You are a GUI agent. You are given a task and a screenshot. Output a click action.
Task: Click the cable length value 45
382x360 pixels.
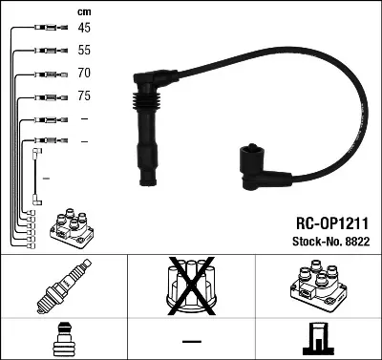pyautogui.click(x=84, y=29)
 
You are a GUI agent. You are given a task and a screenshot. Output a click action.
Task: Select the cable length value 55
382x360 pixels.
pyautogui.click(x=84, y=50)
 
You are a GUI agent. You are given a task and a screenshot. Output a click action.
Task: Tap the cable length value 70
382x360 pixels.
pyautogui.click(x=84, y=73)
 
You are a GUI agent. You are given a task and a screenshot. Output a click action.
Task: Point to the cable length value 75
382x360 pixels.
pyautogui.click(x=84, y=95)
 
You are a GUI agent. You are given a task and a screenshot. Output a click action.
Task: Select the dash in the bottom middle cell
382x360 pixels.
pyautogui.click(x=191, y=340)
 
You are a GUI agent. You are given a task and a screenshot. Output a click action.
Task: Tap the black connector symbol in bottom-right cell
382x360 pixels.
pyautogui.click(x=317, y=339)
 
